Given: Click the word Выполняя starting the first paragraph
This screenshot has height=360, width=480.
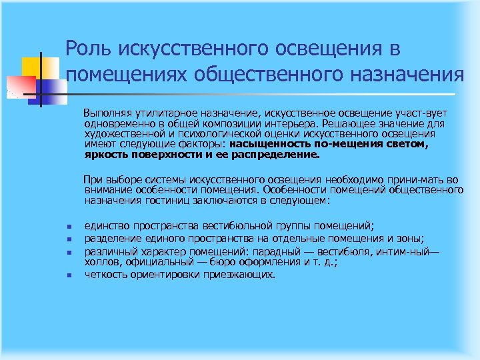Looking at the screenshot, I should click(114, 115).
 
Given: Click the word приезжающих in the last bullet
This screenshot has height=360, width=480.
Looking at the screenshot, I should click(241, 274).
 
